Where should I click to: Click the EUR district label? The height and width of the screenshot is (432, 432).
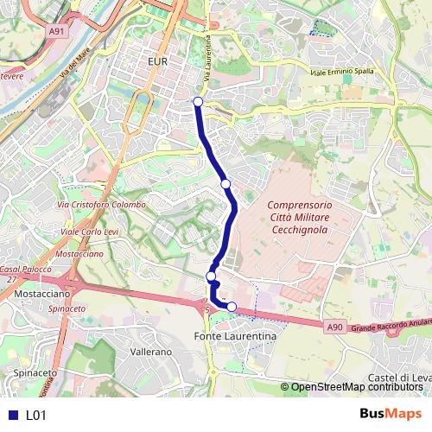[157, 62]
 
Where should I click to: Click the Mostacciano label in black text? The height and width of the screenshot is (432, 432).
[41, 294]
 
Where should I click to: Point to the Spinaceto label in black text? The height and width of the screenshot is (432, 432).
[35, 373]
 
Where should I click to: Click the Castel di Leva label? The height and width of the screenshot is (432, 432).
[399, 378]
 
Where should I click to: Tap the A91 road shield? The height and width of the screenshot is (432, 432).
[57, 31]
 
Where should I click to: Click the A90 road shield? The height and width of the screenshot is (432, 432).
[336, 327]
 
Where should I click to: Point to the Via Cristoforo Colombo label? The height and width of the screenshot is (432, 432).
[100, 205]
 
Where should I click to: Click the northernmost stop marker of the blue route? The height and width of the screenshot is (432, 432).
[198, 102]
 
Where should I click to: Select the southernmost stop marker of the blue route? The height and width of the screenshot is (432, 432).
[232, 307]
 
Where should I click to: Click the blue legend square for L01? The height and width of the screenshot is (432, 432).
[12, 415]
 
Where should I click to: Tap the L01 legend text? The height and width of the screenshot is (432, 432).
[35, 415]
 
